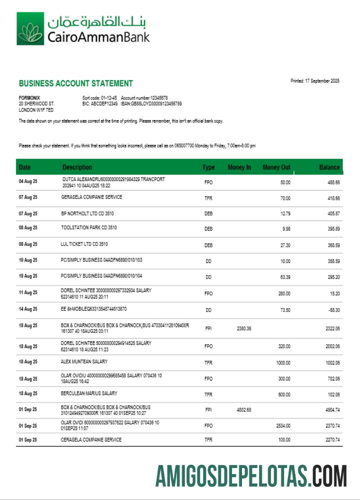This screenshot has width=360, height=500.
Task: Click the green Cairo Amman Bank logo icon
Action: coord(30,29)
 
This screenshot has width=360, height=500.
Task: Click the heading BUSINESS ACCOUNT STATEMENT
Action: coord(75,83)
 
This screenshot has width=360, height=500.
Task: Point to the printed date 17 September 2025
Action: coord(315,81)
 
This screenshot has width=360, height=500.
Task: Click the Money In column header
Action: coord(239,167)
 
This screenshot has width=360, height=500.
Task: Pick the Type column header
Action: coord(208,167)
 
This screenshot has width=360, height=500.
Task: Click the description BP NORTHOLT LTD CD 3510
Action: coord(87,213)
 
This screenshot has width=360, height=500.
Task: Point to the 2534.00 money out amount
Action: coord(283,426)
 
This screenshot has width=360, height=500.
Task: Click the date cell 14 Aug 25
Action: coord(28,310)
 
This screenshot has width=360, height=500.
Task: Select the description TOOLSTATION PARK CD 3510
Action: coord(92,228)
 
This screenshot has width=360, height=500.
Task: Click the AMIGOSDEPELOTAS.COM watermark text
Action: coord(250,475)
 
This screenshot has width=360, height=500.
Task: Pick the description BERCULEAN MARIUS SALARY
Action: coord(89,393)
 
